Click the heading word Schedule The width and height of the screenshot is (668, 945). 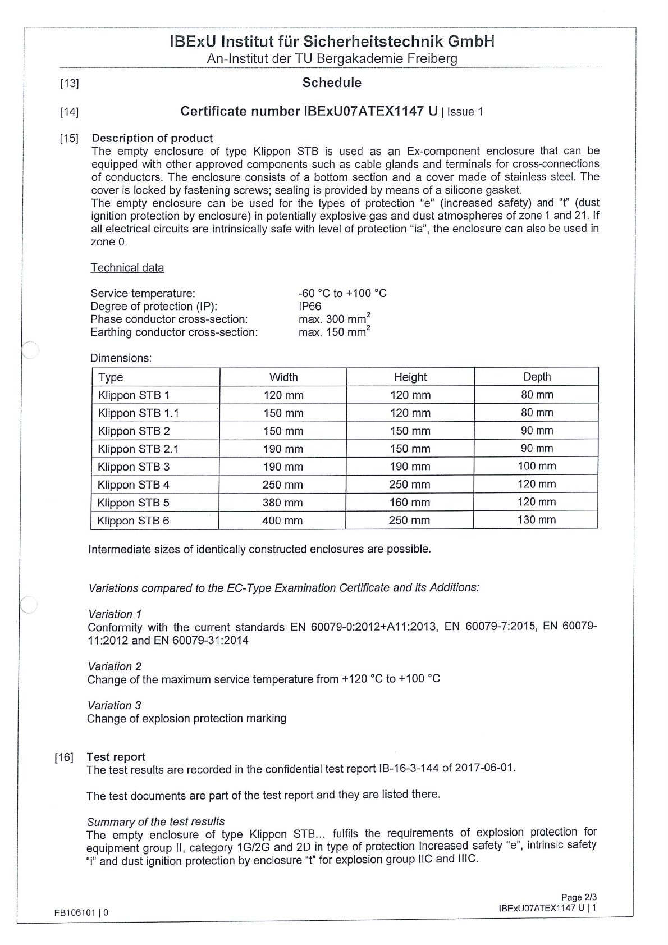coord(332,83)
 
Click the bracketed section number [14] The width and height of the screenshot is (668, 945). coord(69,112)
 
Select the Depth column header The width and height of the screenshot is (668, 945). coord(537,377)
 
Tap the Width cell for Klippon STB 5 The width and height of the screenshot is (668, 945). coord(282,503)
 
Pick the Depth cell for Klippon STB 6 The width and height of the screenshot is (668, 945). coord(536,520)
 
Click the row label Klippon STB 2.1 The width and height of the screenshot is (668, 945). coord(138,449)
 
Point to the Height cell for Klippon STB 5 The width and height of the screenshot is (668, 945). coord(410,503)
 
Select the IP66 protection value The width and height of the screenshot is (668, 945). coord(310,306)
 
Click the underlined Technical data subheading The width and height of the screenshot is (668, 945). coord(127,268)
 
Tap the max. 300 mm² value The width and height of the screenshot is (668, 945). coord(334,319)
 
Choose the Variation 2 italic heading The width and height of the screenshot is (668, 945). coord(115,666)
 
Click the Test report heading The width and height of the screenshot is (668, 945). coord(116,757)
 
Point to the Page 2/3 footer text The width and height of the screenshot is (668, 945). coord(578,897)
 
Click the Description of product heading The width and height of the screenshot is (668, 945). coord(152,138)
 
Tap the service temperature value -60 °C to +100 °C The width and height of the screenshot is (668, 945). coord(342,293)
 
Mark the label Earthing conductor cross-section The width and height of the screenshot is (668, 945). coord(174,332)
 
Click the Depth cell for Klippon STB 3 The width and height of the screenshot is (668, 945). coord(537,466)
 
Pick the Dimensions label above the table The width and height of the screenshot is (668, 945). coord(121,358)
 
